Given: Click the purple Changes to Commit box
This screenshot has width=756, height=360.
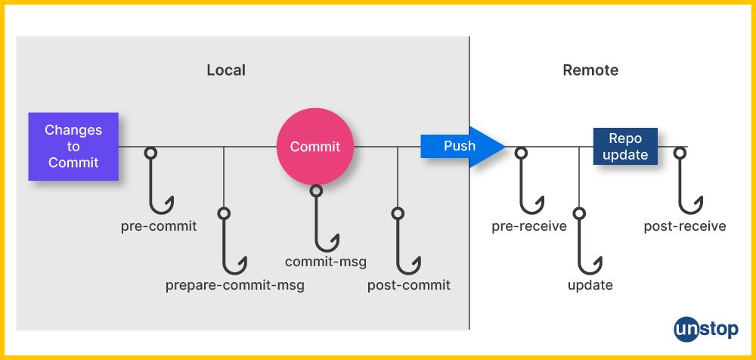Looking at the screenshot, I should (x=73, y=146).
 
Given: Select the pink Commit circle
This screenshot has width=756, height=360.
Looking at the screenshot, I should (x=315, y=147).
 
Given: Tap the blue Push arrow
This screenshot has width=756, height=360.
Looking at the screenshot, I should (x=461, y=145).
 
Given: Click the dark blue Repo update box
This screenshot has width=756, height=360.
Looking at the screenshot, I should (x=625, y=147).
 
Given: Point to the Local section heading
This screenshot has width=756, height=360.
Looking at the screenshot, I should (x=226, y=70).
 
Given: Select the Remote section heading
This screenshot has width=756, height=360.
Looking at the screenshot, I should (x=590, y=70).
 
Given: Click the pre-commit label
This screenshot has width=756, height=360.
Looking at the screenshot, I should (x=159, y=226).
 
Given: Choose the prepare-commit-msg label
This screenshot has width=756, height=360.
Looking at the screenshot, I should (x=235, y=286).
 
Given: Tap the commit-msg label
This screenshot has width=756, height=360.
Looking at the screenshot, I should (x=326, y=262).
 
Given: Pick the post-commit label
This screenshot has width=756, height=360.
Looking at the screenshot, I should (x=409, y=285).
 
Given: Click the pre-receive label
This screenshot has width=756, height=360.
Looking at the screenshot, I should (x=529, y=226).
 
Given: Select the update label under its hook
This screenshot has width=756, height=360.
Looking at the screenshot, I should (x=590, y=285).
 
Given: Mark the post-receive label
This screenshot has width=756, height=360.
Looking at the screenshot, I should (x=685, y=226).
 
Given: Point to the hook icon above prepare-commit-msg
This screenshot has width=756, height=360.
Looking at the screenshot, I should (x=233, y=242).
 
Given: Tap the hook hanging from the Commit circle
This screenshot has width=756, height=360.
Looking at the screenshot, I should (x=324, y=219).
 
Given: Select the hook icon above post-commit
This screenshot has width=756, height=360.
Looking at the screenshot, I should (x=407, y=242).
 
